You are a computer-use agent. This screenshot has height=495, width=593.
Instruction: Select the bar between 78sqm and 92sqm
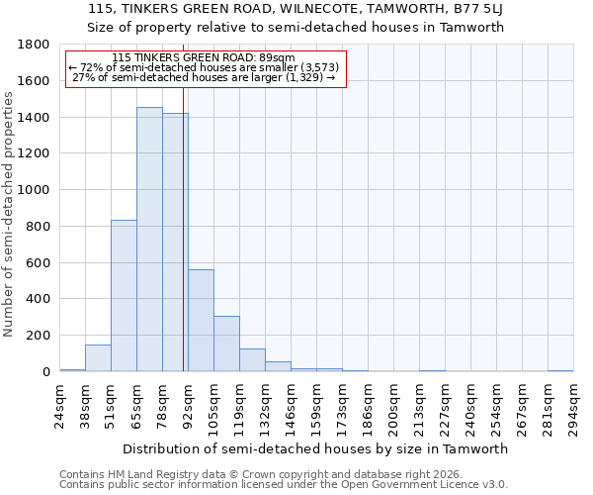coord(175,243)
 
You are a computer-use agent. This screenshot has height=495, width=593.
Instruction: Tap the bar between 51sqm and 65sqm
coord(124,296)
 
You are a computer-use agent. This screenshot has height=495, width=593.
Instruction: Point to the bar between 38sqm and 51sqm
coord(98,358)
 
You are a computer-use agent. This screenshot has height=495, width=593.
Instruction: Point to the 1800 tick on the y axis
coord(37,45)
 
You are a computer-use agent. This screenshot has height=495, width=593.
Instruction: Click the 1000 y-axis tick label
coord(37,190)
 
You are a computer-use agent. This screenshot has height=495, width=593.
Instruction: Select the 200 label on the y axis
coord(41,336)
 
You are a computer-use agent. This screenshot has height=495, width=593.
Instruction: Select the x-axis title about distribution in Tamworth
coord(316,449)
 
